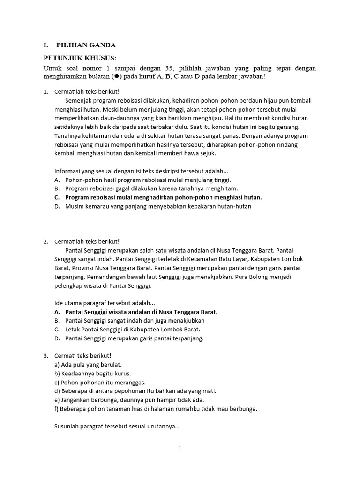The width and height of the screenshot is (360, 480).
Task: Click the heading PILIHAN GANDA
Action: coord(86,45)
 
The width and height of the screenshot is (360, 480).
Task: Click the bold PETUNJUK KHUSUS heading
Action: coord(80,58)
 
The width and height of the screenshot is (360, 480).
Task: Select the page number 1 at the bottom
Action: coord(180,448)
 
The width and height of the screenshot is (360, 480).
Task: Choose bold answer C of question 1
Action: coord(163,197)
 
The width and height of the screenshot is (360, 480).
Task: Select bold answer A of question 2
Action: coord(141,312)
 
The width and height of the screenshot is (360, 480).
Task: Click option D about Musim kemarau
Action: coord(158,206)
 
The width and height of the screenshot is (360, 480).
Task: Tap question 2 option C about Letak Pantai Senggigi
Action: coord(134,330)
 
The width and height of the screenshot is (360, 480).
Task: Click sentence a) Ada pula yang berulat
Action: coord(88,365)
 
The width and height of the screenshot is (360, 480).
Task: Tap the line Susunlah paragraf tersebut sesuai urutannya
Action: coord(117,427)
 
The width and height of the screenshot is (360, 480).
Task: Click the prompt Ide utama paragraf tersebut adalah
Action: coord(105,303)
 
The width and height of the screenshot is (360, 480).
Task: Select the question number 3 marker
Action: coord(46,356)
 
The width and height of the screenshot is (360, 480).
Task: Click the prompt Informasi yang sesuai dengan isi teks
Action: coord(141,171)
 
